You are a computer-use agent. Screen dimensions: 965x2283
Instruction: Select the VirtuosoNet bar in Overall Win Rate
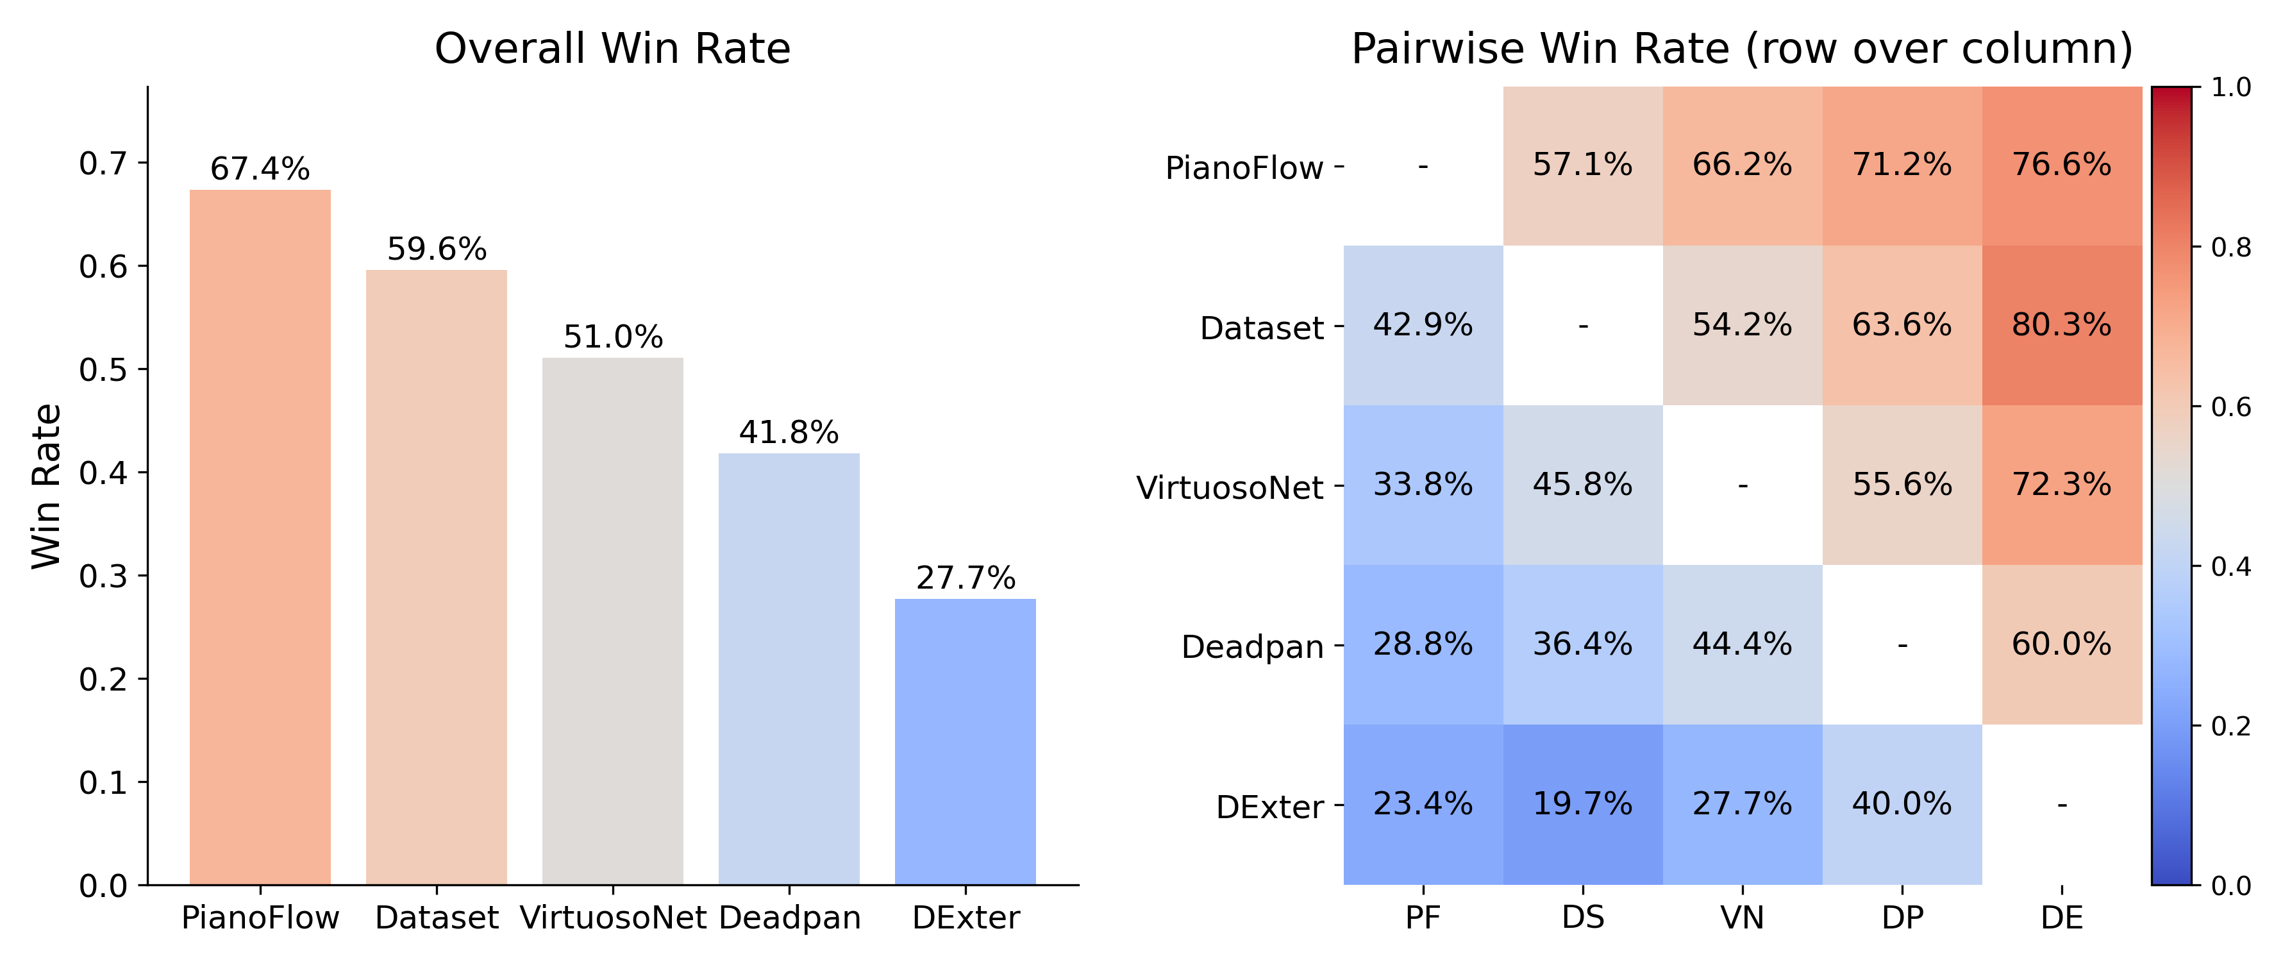[x=612, y=620]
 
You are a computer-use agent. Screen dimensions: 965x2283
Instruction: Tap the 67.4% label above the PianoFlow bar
[x=260, y=169]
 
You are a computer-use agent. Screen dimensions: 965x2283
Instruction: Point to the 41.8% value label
[x=789, y=432]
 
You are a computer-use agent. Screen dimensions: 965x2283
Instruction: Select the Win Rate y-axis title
[x=46, y=485]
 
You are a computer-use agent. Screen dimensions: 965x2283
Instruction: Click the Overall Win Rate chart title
[x=612, y=49]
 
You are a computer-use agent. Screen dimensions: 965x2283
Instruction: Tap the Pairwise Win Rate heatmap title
[x=1741, y=49]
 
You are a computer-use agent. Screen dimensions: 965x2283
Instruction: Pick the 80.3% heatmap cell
[x=2061, y=325]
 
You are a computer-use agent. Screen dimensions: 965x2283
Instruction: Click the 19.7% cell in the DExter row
[x=1583, y=803]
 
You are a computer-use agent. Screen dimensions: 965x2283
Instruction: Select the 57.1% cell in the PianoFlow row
[x=1583, y=165]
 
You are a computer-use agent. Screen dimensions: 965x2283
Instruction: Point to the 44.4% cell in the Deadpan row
[x=1743, y=644]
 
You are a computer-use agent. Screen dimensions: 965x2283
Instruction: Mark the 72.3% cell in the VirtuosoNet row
[x=2061, y=485]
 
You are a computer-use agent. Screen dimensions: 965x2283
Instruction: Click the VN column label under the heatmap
[x=1743, y=917]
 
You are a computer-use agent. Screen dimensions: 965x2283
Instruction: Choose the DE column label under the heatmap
[x=2061, y=917]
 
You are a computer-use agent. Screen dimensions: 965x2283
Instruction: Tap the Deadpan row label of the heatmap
[x=1251, y=647]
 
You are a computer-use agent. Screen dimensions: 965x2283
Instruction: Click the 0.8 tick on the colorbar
[x=2230, y=248]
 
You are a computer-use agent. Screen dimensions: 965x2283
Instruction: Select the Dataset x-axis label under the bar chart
[x=436, y=917]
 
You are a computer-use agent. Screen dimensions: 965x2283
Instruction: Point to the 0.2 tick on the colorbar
[x=2230, y=726]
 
